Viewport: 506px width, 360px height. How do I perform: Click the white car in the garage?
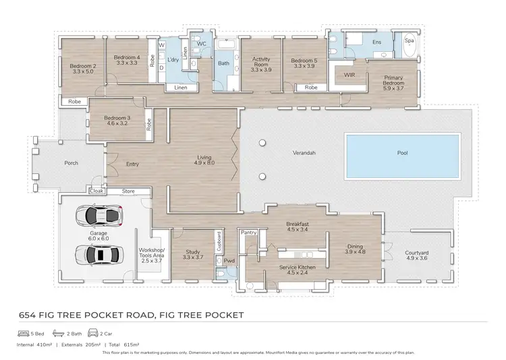100,216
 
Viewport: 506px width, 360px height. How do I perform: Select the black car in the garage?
98,255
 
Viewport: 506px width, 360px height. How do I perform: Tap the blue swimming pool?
402,156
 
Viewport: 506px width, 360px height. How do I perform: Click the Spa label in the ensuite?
408,40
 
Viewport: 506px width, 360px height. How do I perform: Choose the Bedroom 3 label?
116,121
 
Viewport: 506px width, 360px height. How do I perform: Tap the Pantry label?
250,232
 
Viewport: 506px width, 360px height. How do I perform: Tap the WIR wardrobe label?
349,74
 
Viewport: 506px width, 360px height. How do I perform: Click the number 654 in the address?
27,315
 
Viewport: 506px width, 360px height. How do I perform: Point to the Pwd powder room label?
229,261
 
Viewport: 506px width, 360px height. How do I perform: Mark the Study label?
193,253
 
